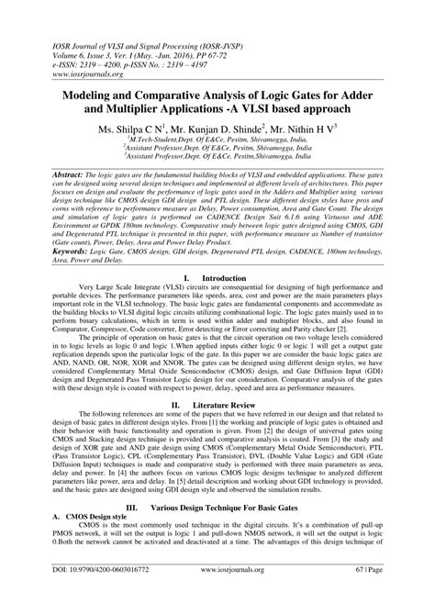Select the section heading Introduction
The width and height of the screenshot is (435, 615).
[227, 252]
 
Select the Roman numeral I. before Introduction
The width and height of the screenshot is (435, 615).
[187, 252]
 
